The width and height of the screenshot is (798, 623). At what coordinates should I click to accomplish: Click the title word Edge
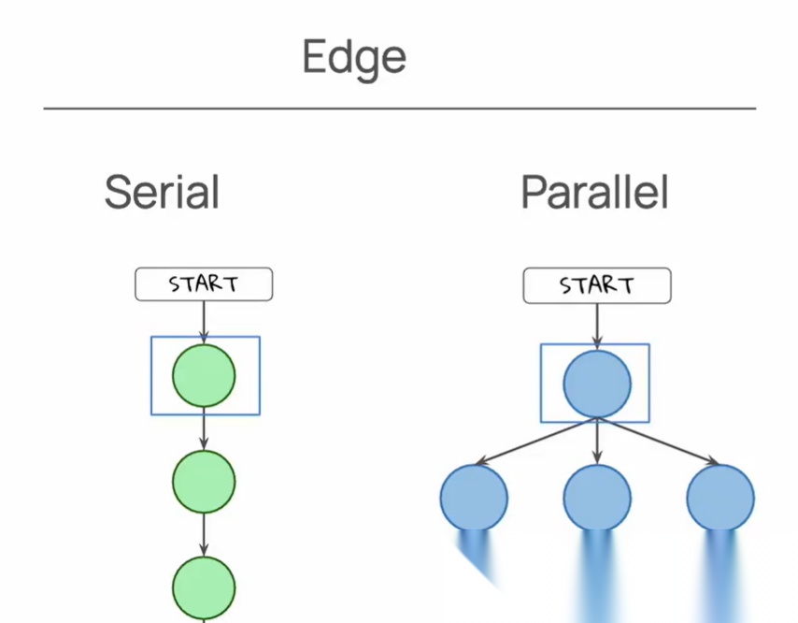(354, 58)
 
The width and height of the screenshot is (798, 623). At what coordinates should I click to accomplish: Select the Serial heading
(162, 193)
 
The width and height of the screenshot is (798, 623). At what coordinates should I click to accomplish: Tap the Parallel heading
(594, 193)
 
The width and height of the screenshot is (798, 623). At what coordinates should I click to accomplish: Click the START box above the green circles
(204, 284)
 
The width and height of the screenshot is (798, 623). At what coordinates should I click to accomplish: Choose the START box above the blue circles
(596, 286)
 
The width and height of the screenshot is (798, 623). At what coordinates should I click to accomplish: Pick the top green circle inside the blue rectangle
(204, 376)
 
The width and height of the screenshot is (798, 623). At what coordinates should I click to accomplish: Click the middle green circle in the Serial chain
(204, 481)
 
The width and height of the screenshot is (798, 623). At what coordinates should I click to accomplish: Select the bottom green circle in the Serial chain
(204, 587)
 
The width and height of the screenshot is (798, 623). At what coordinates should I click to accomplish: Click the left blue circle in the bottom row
(474, 498)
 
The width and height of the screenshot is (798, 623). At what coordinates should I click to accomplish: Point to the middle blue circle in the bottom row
(596, 498)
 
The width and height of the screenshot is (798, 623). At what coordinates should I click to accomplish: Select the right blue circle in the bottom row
(720, 498)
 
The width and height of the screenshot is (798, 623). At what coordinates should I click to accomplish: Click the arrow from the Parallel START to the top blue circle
(596, 325)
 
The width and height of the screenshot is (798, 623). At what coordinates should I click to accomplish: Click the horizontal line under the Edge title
(399, 109)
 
